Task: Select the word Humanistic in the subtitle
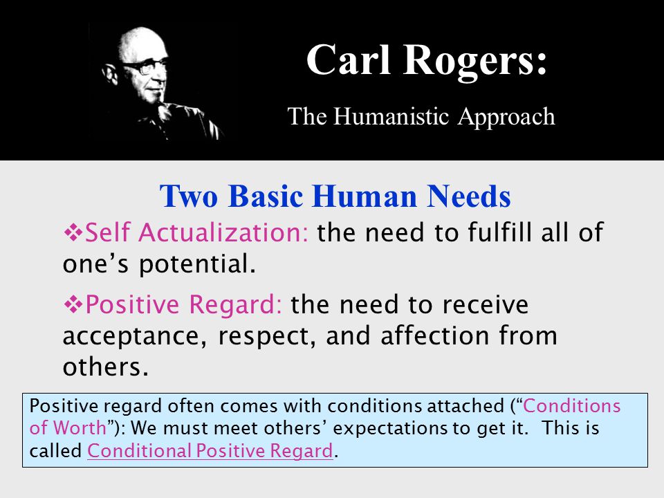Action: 391,116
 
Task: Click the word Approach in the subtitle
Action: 506,118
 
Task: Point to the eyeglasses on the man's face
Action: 144,67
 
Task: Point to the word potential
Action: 197,265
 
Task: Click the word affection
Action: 435,335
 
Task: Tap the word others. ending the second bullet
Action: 105,367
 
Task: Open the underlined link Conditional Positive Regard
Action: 210,450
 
